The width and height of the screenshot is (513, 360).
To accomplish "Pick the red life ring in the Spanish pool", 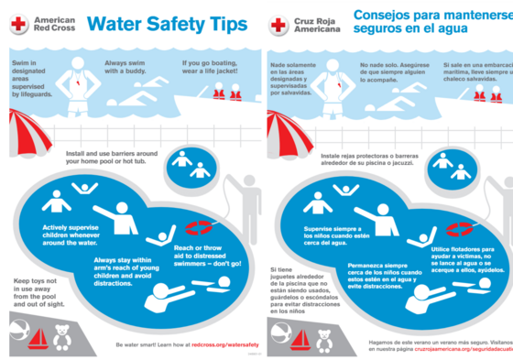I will click(x=460, y=226).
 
